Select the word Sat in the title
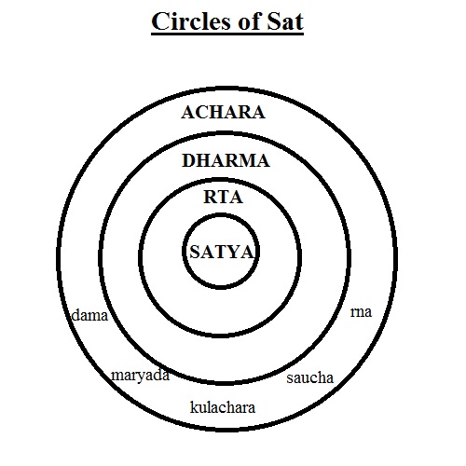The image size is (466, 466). (x=285, y=21)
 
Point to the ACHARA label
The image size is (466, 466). (x=223, y=112)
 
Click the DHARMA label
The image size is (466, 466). (x=226, y=160)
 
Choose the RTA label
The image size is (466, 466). (x=223, y=197)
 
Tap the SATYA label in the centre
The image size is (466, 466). (x=223, y=252)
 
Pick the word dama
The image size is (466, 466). (x=89, y=315)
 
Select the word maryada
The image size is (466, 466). (x=141, y=376)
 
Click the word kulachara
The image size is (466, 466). (x=223, y=406)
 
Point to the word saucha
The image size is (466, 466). (x=309, y=378)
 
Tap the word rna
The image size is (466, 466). (x=361, y=312)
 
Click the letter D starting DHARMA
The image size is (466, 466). (x=188, y=160)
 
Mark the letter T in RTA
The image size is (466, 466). (x=222, y=197)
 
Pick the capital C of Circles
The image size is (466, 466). (x=160, y=21)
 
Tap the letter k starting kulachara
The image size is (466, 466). (x=194, y=406)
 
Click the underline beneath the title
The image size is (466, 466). (x=227, y=34)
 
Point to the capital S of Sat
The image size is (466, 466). (x=274, y=21)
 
